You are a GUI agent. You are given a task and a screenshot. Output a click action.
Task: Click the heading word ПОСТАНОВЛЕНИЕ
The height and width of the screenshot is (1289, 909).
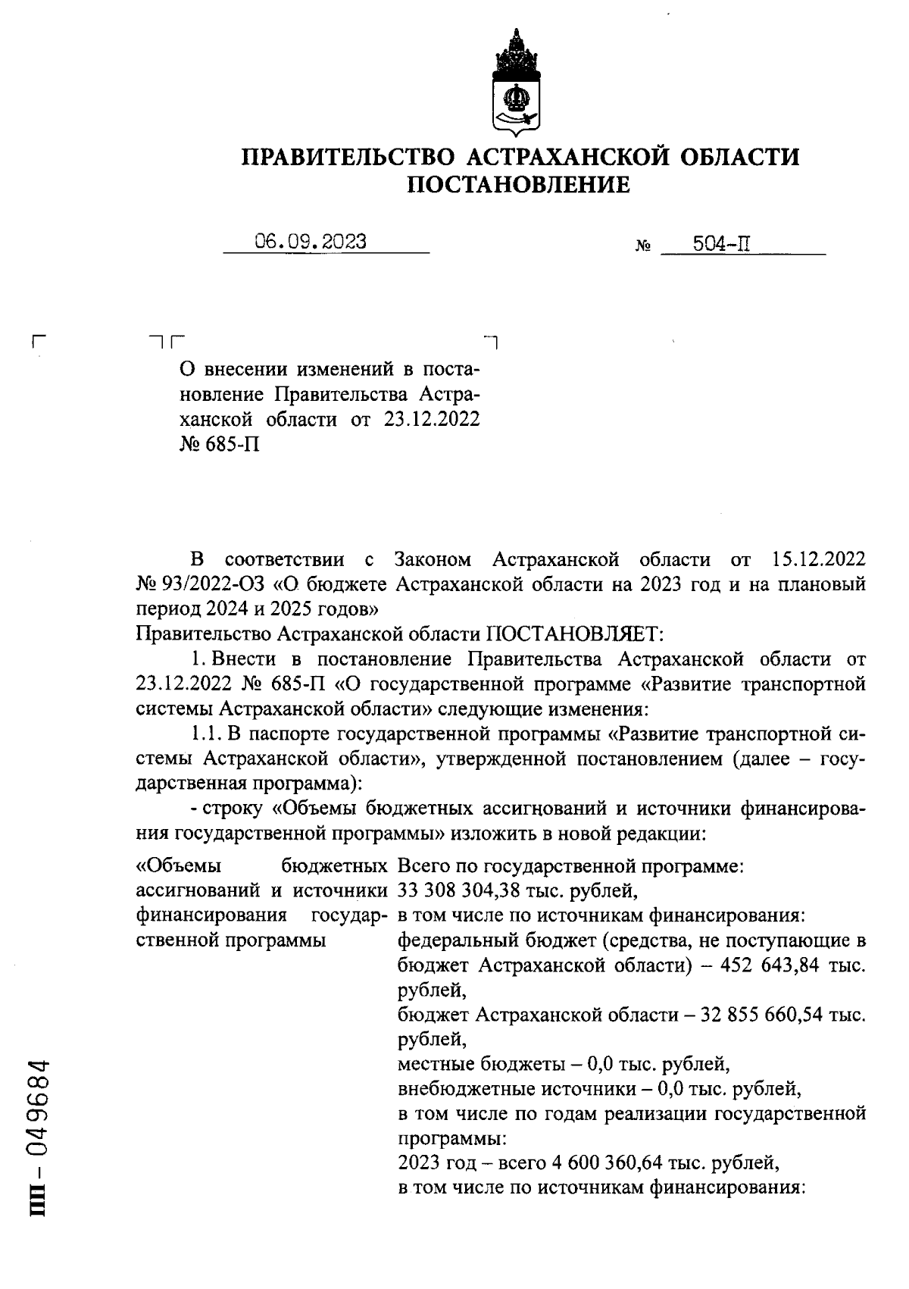click(x=519, y=185)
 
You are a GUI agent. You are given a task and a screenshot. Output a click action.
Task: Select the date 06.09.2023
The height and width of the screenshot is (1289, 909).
click(x=311, y=242)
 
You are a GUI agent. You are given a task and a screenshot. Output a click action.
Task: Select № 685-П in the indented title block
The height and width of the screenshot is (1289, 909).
click(x=220, y=444)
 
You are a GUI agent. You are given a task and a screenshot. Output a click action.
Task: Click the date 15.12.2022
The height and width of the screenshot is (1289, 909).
click(x=818, y=560)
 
